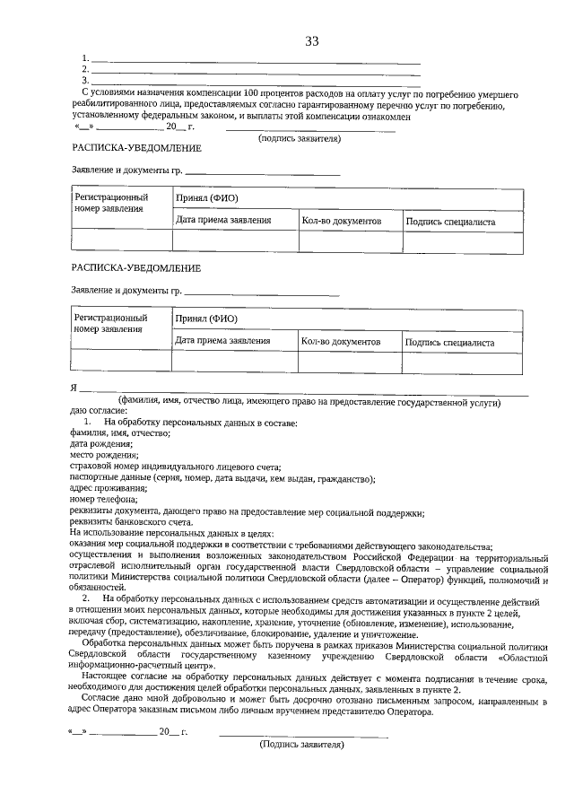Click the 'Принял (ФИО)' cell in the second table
[x=207, y=319]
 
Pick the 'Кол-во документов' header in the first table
[x=342, y=221]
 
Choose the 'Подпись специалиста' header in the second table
[x=450, y=342]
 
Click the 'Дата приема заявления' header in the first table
[x=223, y=221]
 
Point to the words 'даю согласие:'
[x=92, y=411]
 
